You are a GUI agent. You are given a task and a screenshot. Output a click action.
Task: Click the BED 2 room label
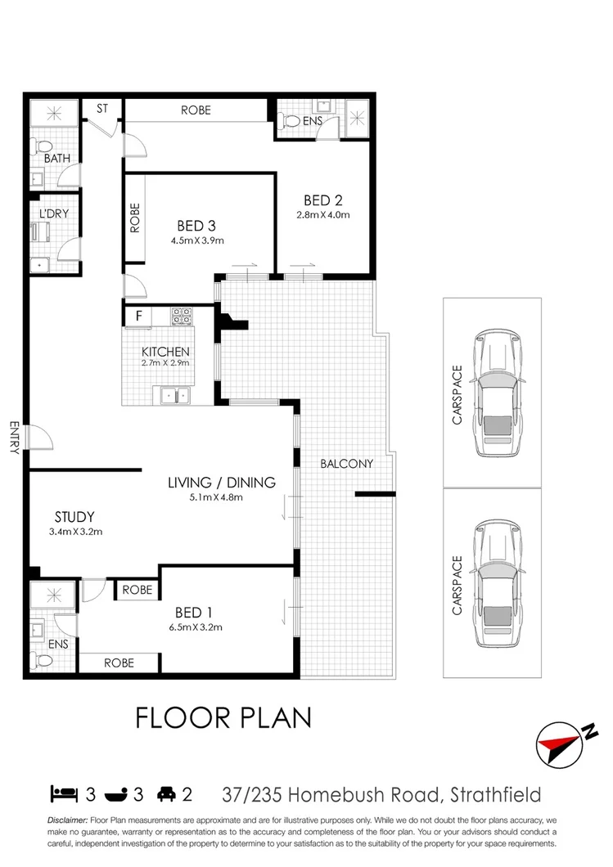[x=322, y=200]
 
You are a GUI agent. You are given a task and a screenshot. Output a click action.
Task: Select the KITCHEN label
[x=166, y=351]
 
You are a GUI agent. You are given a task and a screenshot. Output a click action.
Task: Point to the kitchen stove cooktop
[x=181, y=314]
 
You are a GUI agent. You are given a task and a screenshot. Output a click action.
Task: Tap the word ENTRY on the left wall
[x=13, y=437]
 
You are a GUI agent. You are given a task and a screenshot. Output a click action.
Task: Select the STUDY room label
[x=74, y=516]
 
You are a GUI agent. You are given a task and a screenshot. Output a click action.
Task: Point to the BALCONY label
[x=346, y=464]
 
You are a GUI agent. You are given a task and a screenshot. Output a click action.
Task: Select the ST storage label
[x=103, y=109]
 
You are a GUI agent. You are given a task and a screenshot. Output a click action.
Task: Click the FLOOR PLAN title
[x=223, y=717]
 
